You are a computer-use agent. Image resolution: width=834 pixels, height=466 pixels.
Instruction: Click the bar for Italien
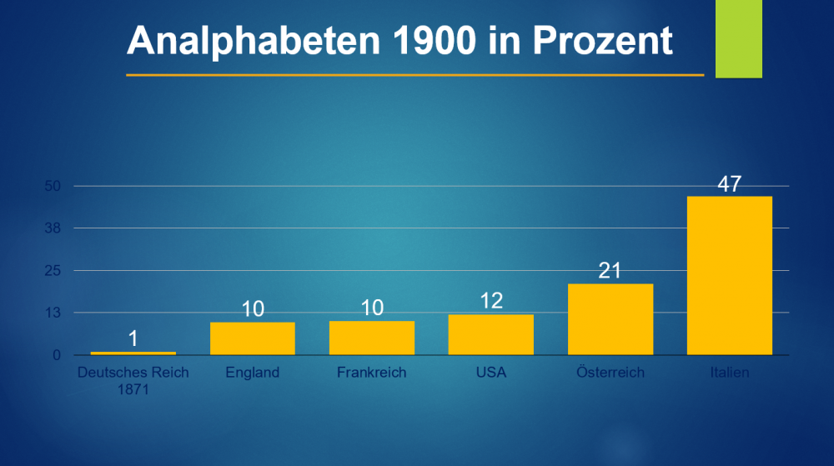click(x=729, y=275)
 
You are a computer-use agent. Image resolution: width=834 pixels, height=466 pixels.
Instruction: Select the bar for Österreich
click(x=610, y=319)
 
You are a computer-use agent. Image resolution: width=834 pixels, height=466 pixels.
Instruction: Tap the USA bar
click(x=490, y=334)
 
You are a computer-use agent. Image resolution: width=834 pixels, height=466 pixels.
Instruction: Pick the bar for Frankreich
click(x=372, y=338)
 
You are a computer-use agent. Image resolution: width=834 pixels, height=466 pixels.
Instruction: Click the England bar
click(x=253, y=338)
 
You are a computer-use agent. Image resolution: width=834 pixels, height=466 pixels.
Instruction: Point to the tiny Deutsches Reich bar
click(x=133, y=353)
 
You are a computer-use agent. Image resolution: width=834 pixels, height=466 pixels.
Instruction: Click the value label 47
click(x=729, y=184)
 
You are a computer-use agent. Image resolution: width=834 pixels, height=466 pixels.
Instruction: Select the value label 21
click(x=610, y=272)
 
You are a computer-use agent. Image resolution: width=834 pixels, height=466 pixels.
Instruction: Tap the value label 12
click(x=491, y=301)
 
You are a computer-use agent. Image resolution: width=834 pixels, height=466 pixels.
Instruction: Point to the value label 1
click(x=133, y=339)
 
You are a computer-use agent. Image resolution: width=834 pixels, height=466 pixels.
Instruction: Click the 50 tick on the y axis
click(x=53, y=186)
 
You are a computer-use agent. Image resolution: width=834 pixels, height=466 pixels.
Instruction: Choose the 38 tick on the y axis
click(x=53, y=228)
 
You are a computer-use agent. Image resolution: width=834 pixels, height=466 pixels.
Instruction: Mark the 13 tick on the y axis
click(x=53, y=313)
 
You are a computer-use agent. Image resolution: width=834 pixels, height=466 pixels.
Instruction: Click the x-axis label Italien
click(x=729, y=373)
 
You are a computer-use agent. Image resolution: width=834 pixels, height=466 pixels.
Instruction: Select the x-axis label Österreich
click(x=610, y=373)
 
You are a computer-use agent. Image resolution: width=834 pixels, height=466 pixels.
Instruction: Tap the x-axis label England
click(x=252, y=373)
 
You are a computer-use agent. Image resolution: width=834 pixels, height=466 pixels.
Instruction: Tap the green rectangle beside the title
click(x=739, y=39)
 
